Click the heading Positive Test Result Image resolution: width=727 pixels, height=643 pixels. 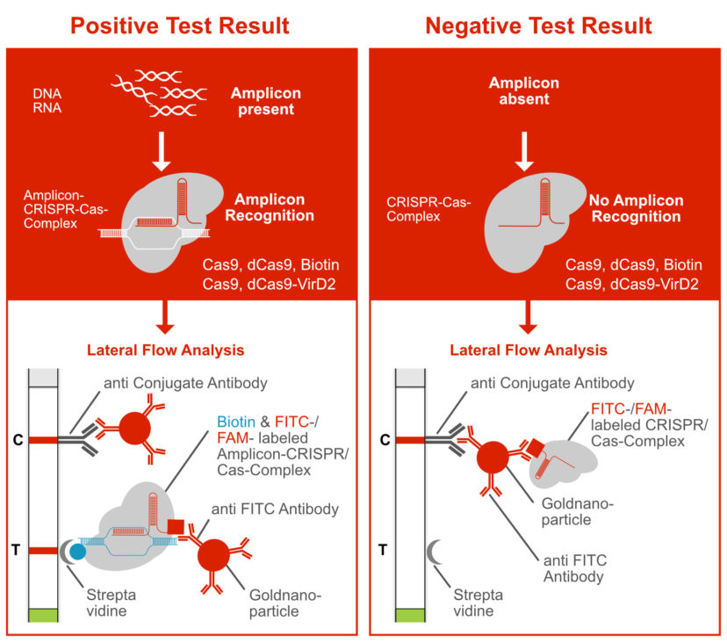pos(182,25)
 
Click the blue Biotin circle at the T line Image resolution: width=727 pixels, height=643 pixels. pos(79,552)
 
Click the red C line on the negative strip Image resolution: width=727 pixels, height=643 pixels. pos(411,437)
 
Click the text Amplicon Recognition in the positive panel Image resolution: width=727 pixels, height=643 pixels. pos(272,207)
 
